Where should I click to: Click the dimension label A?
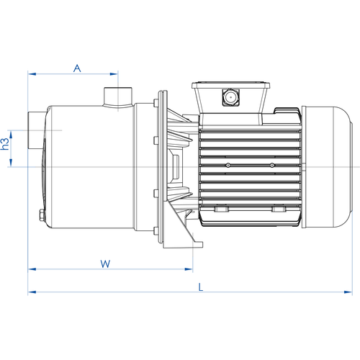click(77, 68)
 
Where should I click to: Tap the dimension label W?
click(105, 264)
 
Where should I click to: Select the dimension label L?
click(201, 287)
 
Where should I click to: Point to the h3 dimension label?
click(5, 144)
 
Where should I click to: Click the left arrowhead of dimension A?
click(32, 74)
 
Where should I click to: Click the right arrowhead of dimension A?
click(114, 74)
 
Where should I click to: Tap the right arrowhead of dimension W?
click(189, 269)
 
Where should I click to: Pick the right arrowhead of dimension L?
click(348, 292)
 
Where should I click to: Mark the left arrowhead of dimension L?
click(32, 292)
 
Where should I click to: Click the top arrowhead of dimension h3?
click(11, 135)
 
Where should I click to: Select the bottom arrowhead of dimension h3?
click(11, 163)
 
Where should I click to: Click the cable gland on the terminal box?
click(230, 97)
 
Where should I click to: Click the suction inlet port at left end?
click(36, 130)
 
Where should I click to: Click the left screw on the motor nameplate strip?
click(228, 165)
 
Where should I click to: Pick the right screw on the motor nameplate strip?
click(272, 165)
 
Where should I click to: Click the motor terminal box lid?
click(230, 85)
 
